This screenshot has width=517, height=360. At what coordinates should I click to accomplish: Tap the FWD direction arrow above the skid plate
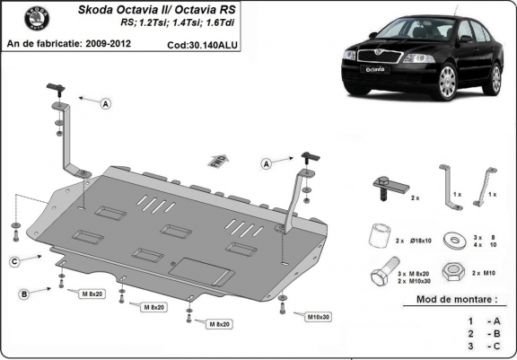[216, 161]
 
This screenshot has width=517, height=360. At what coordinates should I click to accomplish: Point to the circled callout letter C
[14, 261]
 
